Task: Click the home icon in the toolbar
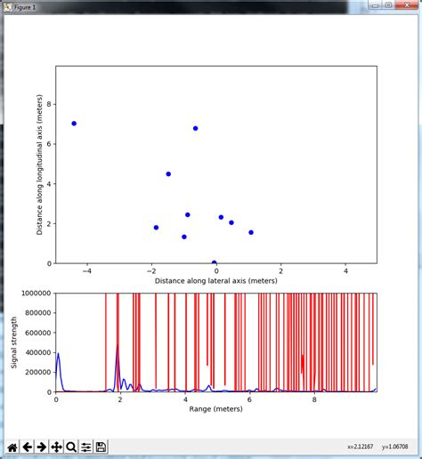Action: (12, 447)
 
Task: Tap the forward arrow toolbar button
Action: (41, 447)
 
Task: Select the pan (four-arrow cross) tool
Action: (56, 447)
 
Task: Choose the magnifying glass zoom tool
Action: (71, 447)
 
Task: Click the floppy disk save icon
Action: (101, 447)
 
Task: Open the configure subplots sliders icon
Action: (86, 447)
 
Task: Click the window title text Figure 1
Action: (25, 5)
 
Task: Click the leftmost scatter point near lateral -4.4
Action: (74, 124)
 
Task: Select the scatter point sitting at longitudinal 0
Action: (215, 263)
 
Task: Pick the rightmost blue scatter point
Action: (251, 232)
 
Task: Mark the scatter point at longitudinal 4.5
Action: (168, 174)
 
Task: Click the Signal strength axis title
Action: (14, 342)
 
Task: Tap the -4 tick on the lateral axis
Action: (86, 270)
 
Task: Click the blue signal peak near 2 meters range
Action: (118, 347)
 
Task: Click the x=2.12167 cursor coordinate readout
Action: (363, 447)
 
